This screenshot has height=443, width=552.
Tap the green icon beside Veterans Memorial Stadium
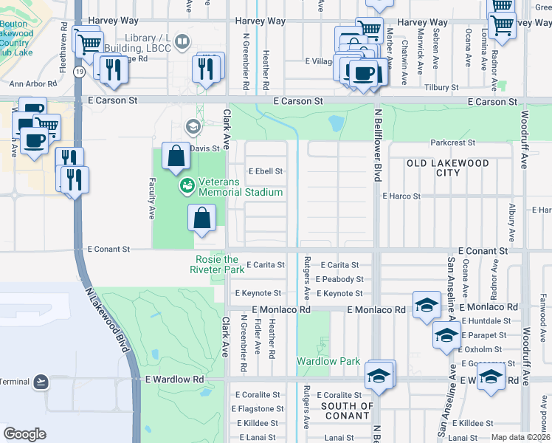(x=187, y=185)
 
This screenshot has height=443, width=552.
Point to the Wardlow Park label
(x=328, y=361)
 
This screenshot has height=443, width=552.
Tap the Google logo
(x=24, y=433)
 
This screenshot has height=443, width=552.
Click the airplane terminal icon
(x=40, y=382)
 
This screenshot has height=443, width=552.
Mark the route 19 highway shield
(x=77, y=71)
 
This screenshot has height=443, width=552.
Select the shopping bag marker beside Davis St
(x=176, y=156)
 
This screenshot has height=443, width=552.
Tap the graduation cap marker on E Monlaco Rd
(x=426, y=305)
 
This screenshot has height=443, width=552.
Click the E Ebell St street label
(x=266, y=171)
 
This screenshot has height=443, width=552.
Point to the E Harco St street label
(x=401, y=196)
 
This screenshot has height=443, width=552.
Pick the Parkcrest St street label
(x=453, y=142)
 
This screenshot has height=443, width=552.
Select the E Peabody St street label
(x=339, y=279)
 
